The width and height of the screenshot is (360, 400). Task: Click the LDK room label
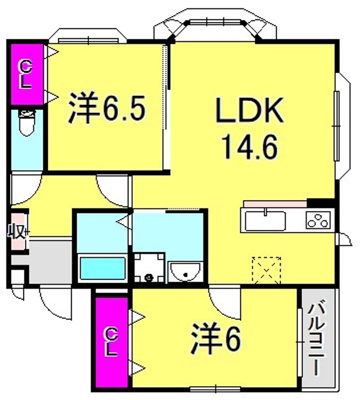249,111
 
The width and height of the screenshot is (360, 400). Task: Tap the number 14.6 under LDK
249,147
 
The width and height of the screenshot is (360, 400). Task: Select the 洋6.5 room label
107,108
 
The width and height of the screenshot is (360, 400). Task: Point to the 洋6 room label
216,338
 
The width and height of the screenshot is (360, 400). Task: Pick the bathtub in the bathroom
103,268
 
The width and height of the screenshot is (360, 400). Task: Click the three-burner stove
318,221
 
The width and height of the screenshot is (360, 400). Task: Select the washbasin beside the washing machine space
186,272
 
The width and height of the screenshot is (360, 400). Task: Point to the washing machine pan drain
149,277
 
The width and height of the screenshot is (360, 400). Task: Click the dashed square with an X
266,271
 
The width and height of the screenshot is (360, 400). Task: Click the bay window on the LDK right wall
342,126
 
